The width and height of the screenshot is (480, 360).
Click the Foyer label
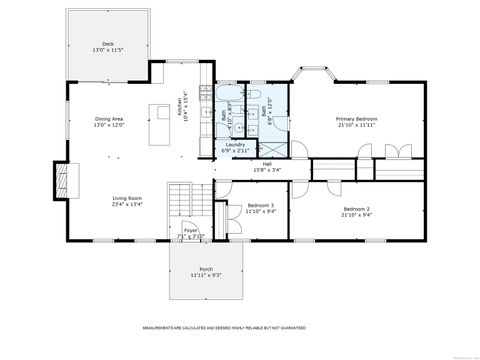190,231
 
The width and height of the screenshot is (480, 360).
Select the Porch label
205,269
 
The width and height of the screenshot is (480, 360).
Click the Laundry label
235,145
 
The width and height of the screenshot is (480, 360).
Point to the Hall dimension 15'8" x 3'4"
267,169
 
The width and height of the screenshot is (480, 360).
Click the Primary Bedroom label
356,119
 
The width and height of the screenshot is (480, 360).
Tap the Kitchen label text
183,107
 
